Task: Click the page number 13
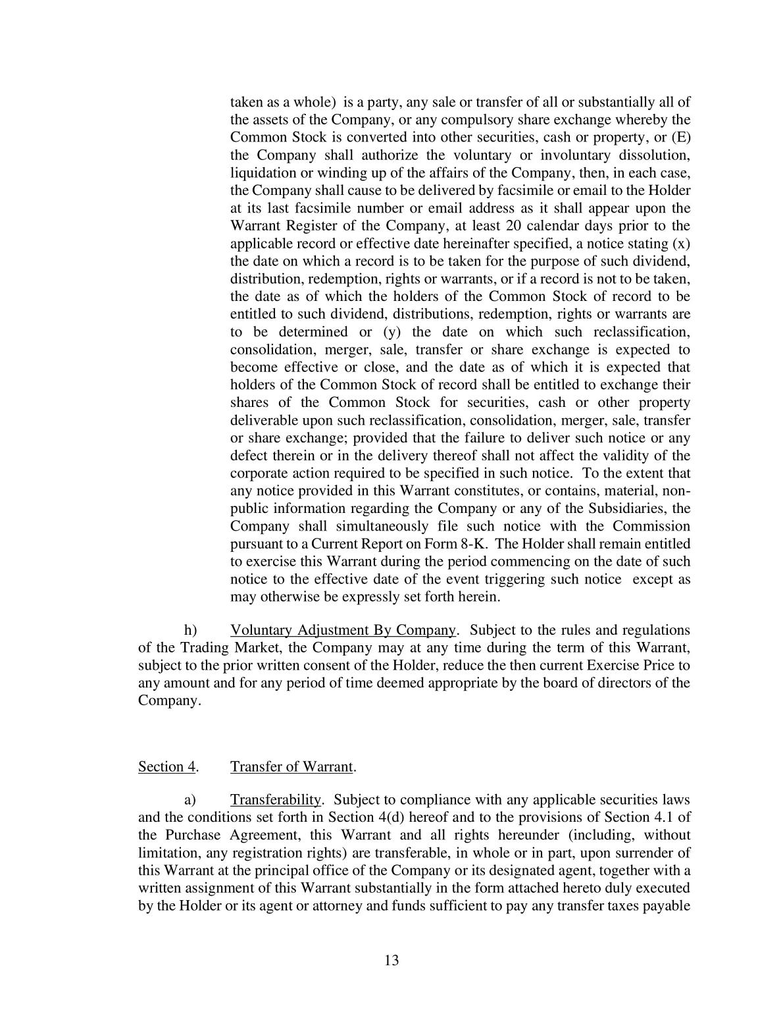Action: point(391,960)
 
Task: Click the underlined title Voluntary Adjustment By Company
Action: point(343,630)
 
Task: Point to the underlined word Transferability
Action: point(276,800)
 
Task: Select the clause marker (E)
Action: point(680,138)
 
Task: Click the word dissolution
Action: point(653,155)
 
